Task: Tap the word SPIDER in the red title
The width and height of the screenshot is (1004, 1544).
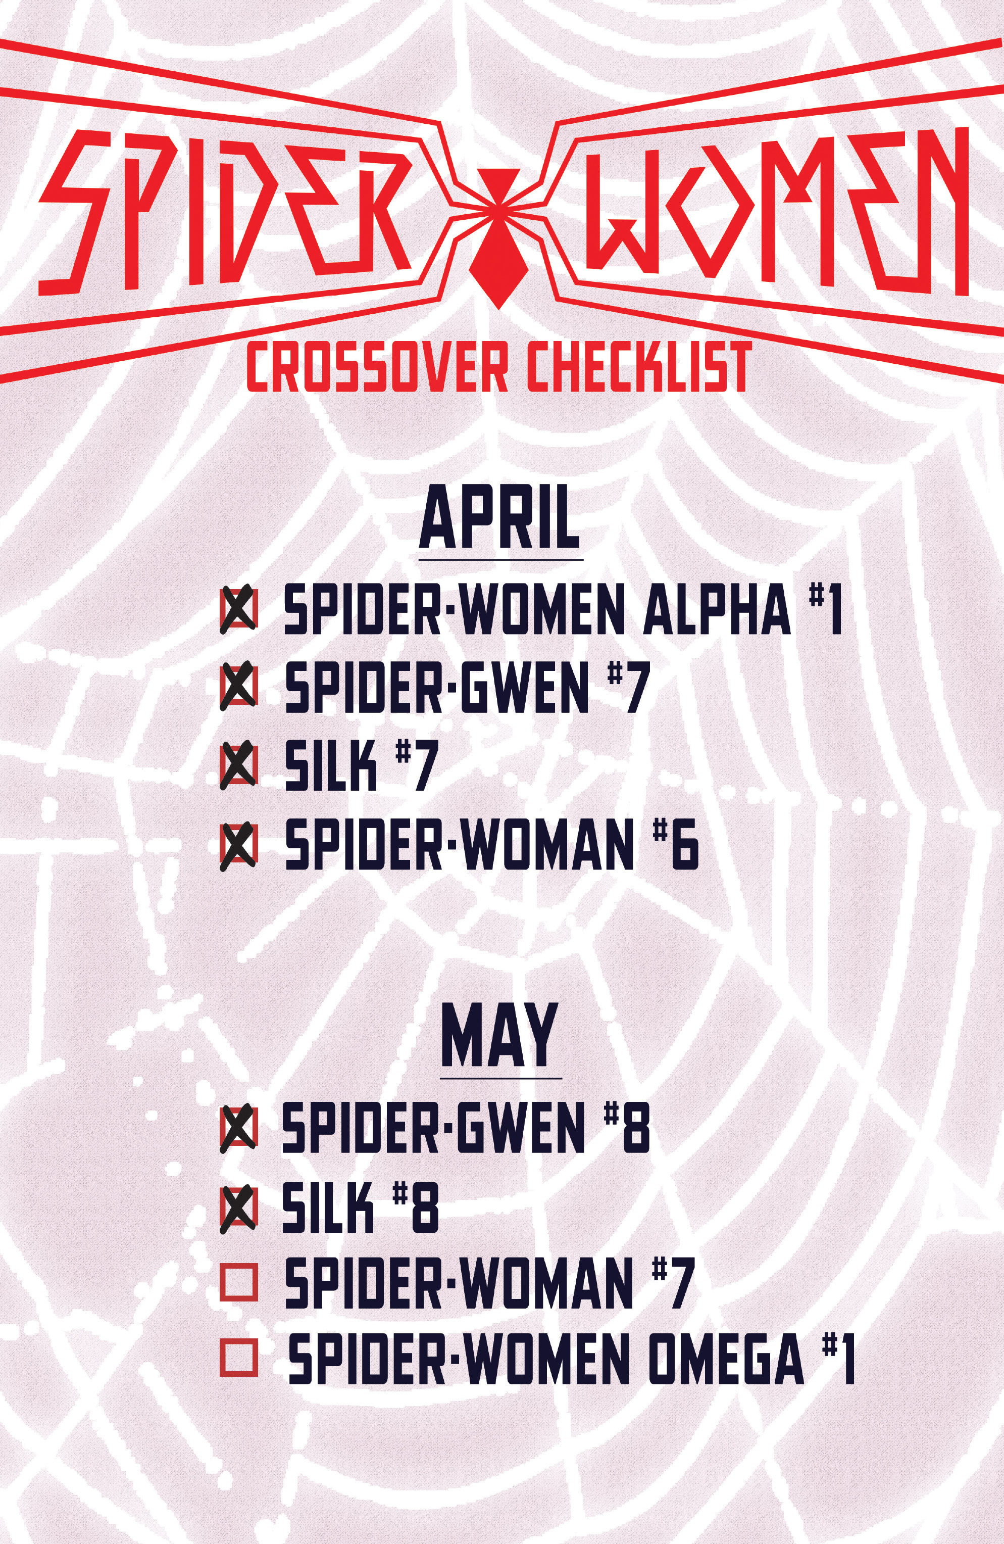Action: [224, 214]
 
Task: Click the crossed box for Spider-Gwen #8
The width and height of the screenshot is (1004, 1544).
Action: [239, 1128]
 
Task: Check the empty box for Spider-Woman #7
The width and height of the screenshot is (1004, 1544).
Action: [239, 1281]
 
